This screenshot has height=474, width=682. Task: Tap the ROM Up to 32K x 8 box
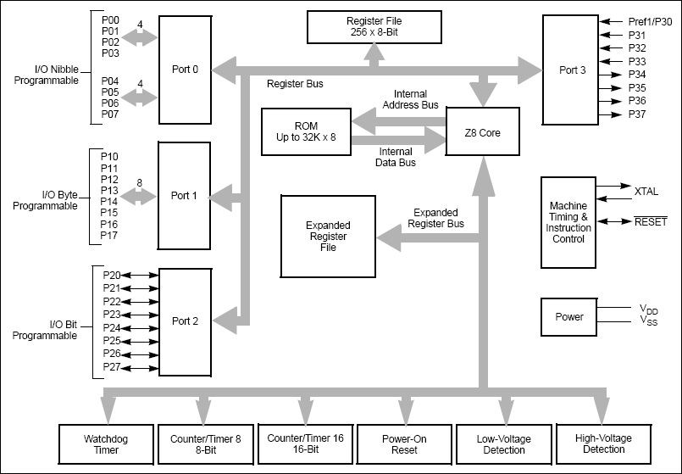coord(307,131)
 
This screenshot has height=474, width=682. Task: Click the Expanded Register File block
coord(328,236)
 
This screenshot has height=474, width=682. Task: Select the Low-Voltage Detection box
coord(504,443)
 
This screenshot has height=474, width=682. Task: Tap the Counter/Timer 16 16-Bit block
coord(305,443)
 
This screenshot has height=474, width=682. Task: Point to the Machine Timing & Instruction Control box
coord(568,222)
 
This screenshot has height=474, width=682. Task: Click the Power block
coord(568,316)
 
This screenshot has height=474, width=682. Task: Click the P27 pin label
coord(111,367)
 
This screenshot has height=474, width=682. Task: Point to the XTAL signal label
coord(646,192)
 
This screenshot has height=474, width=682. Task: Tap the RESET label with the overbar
coord(650,221)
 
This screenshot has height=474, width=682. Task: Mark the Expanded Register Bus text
coord(435,218)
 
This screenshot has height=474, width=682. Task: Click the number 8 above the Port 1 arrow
coord(139,182)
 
